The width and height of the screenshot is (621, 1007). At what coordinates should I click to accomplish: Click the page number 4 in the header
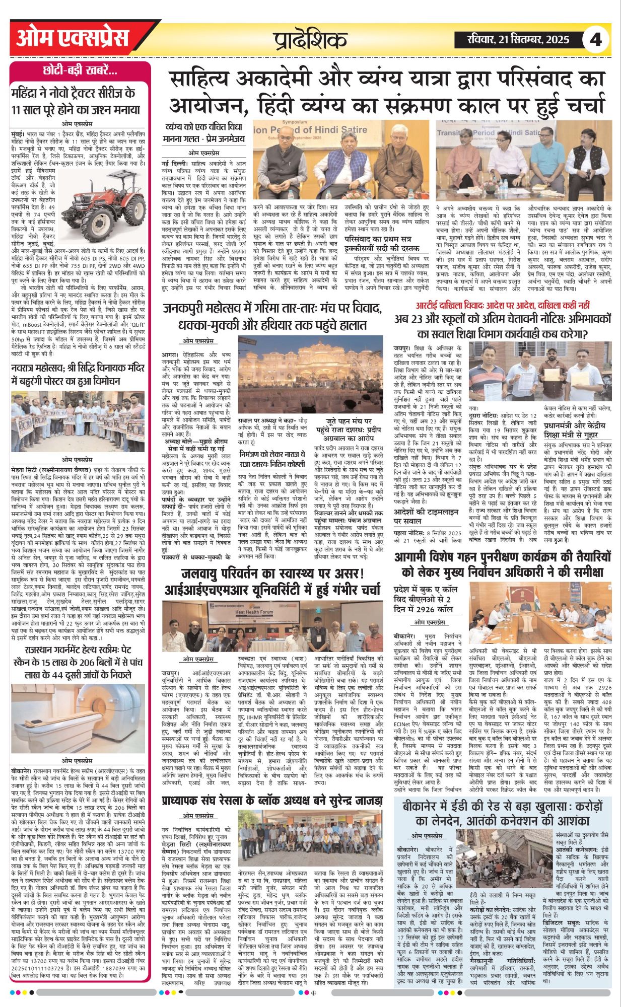coord(596,39)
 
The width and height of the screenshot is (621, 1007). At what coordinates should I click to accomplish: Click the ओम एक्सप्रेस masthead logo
coord(73,38)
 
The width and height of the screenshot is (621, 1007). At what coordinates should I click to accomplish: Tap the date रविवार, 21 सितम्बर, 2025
coord(512,39)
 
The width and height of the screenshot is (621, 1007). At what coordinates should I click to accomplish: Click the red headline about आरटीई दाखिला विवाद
coord(503,305)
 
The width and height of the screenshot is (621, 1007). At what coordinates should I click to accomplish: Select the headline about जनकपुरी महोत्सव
coord(272,316)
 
